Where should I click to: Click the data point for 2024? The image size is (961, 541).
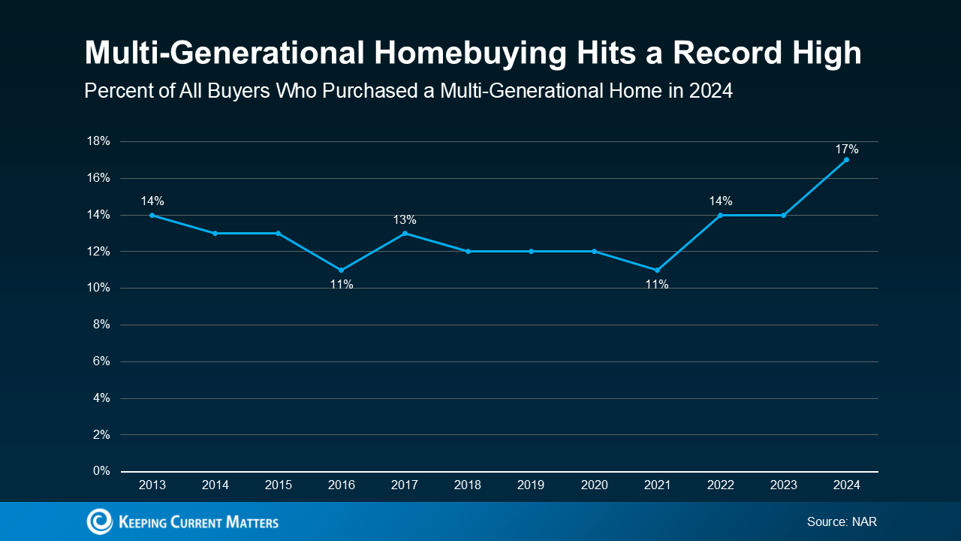pyautogui.click(x=846, y=159)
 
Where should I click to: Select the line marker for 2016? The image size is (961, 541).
pyautogui.click(x=342, y=270)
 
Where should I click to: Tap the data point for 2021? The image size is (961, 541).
pyautogui.click(x=657, y=270)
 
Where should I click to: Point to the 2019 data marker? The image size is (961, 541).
pyautogui.click(x=531, y=251)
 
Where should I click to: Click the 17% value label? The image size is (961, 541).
pyautogui.click(x=847, y=150)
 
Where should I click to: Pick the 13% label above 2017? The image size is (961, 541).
pyautogui.click(x=405, y=220)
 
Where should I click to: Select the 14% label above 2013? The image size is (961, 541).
pyautogui.click(x=152, y=201)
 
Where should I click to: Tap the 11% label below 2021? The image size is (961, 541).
pyautogui.click(x=657, y=285)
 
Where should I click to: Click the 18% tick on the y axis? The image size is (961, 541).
pyautogui.click(x=99, y=141)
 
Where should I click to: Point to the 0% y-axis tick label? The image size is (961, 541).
pyautogui.click(x=101, y=471)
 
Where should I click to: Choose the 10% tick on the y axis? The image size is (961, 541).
pyautogui.click(x=99, y=288)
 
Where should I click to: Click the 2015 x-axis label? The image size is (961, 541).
pyautogui.click(x=279, y=485)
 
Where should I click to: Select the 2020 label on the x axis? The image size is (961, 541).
pyautogui.click(x=594, y=485)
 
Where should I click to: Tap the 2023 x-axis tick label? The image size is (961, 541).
pyautogui.click(x=783, y=485)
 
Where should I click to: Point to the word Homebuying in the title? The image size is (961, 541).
pyautogui.click(x=429, y=53)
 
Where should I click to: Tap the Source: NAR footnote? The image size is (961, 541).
pyautogui.click(x=842, y=521)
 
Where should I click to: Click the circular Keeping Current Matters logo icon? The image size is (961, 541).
pyautogui.click(x=99, y=521)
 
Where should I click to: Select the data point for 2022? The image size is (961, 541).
pyautogui.click(x=720, y=215)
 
